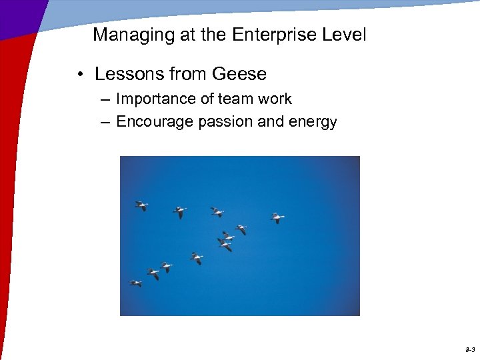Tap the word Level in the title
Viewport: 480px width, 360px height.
343,35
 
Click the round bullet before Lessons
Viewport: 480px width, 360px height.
79,74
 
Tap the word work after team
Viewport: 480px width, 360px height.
275,99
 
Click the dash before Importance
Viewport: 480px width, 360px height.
107,100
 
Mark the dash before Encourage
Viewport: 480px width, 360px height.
107,122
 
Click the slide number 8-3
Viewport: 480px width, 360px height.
470,349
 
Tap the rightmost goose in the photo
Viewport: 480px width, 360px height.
277,218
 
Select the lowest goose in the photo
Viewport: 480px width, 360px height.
136,283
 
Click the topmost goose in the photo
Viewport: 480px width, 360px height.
141,205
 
